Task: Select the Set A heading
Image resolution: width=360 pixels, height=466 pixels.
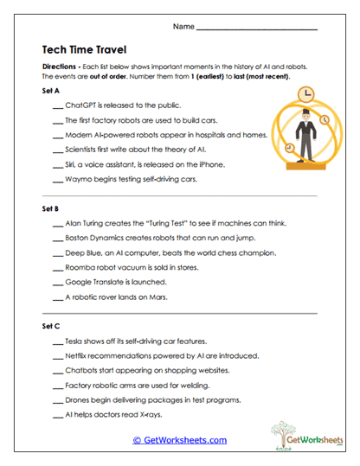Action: pos(51,90)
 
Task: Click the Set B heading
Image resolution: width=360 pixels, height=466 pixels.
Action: pos(51,209)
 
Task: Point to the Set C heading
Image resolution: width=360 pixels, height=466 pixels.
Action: pos(51,327)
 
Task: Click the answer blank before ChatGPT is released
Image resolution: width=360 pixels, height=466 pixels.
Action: pos(58,105)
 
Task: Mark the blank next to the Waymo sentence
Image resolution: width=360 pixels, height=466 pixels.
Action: pos(58,180)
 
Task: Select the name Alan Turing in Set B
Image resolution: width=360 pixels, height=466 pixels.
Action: pos(87,223)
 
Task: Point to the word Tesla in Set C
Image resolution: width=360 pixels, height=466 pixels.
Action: pos(75,342)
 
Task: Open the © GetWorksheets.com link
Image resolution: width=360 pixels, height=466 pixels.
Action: pos(180,439)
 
